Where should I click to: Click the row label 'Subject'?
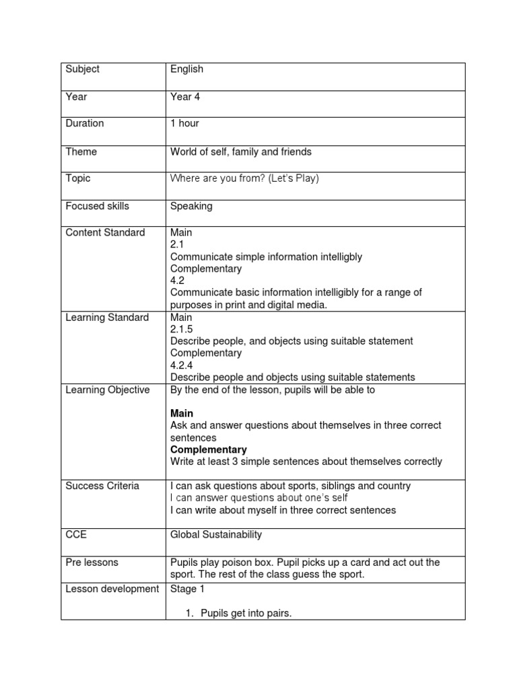pos(82,69)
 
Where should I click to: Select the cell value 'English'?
pos(186,69)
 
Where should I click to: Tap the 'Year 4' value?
pos(185,97)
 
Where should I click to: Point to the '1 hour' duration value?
pos(184,124)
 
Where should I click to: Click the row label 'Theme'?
pos(81,152)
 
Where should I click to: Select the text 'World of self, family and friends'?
pos(241,152)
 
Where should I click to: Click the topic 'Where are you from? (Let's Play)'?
pos(244,179)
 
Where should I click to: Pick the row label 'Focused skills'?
pos(97,207)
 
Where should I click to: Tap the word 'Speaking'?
pos(191,207)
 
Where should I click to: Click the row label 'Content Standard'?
pos(105,233)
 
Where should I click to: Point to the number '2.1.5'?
pos(182,329)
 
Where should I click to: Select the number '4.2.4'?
pos(182,365)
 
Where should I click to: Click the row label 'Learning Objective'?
pos(108,390)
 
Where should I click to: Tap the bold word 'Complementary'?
pos(209,449)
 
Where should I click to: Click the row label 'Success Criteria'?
pos(102,486)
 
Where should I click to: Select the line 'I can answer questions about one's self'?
pos(259,498)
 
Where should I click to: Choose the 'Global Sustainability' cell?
pos(216,535)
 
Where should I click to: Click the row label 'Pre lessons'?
pos(92,563)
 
